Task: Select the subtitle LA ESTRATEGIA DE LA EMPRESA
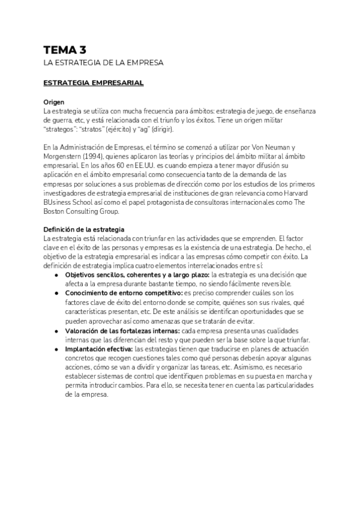[104, 62]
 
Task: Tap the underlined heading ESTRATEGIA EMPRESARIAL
[94, 83]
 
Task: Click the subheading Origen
[54, 103]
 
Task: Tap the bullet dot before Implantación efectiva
[56, 349]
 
